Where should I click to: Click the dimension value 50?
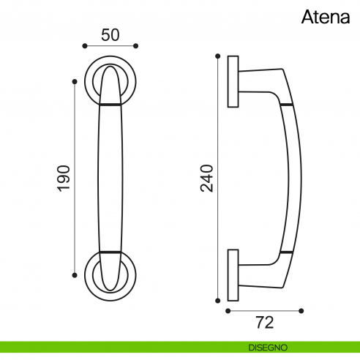(x=110, y=34)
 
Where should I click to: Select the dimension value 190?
(x=64, y=178)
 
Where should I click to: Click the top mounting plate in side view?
(x=233, y=81)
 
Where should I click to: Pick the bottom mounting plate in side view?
(x=233, y=274)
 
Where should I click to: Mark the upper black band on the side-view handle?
(x=285, y=105)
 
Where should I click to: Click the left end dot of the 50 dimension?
(x=84, y=47)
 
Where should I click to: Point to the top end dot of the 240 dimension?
(x=217, y=56)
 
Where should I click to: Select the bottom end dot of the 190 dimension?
(x=75, y=275)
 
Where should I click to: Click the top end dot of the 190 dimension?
(x=75, y=81)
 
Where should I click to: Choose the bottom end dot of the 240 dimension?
(x=217, y=299)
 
